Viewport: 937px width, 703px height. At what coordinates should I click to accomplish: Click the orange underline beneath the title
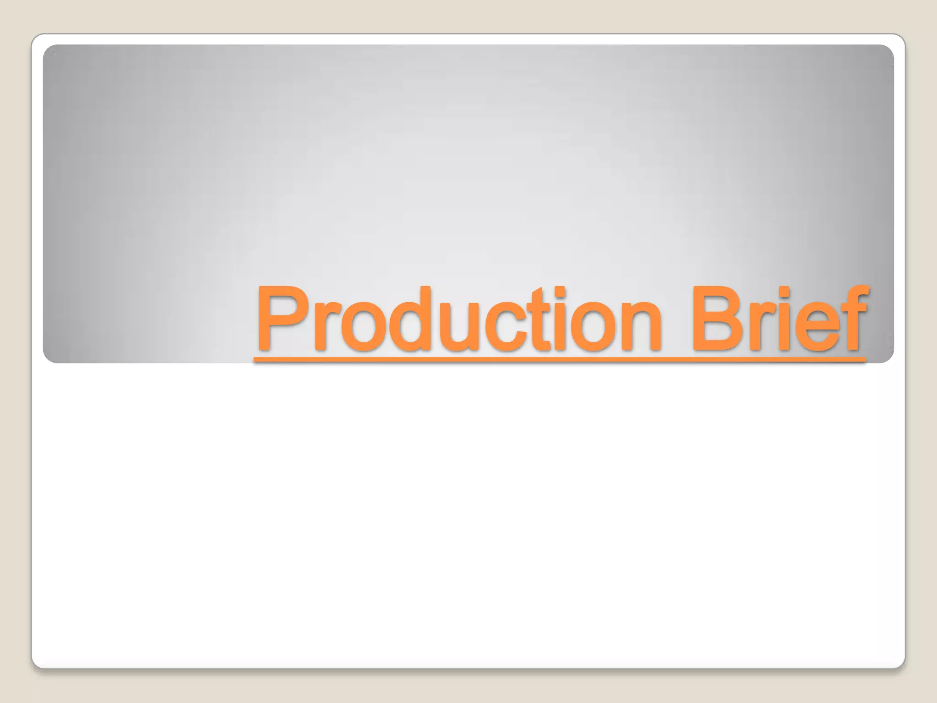pyautogui.click(x=560, y=360)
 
